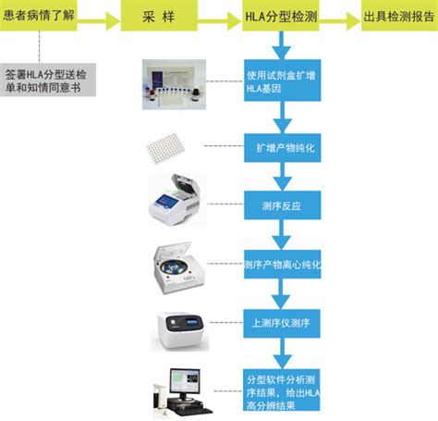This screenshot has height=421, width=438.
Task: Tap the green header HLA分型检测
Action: tap(282, 17)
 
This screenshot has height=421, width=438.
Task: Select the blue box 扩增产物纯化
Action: tap(282, 146)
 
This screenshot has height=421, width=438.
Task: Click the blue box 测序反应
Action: tap(282, 204)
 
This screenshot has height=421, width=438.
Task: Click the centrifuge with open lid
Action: tap(176, 263)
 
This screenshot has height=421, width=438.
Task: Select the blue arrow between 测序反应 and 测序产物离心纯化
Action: tap(282, 234)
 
